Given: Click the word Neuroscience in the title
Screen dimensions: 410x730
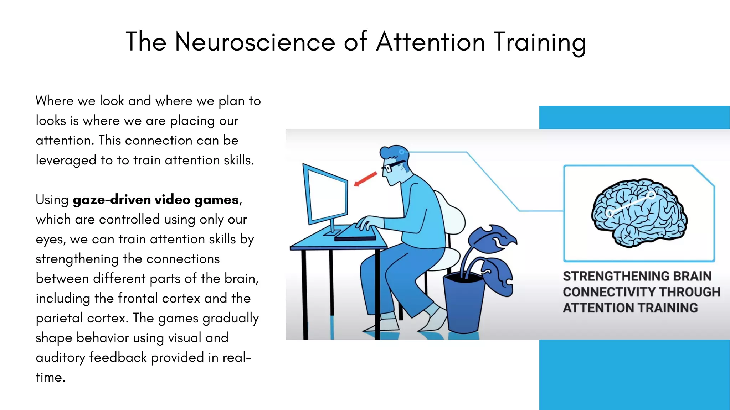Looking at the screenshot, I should point(255,42).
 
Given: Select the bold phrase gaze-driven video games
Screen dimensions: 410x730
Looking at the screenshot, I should point(156,200).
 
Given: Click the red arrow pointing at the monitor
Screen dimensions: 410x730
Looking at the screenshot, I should point(365,179).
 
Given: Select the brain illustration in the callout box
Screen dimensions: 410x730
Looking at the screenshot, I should point(639,213).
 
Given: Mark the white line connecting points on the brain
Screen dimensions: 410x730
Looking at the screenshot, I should point(630,204).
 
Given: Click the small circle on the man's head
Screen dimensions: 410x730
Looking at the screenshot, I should point(402,152).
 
